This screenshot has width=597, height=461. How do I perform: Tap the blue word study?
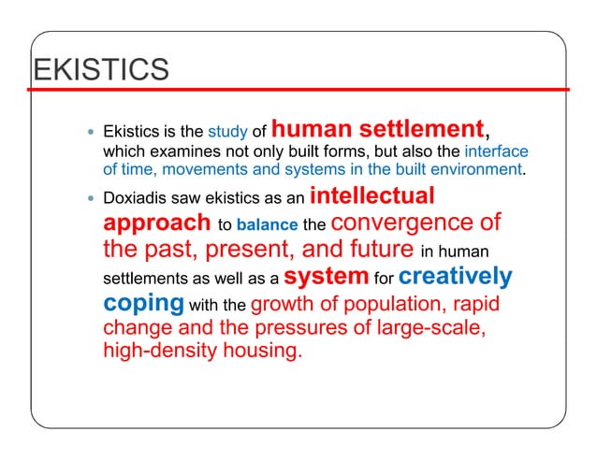(x=226, y=133)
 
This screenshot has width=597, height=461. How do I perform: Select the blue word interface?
(x=497, y=151)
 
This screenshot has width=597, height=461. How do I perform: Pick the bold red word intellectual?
(x=371, y=196)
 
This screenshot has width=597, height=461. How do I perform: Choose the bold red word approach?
(x=156, y=224)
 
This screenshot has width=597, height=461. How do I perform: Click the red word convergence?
(x=405, y=224)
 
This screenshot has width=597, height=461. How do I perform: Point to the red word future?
(x=373, y=251)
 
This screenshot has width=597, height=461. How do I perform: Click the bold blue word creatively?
(x=455, y=277)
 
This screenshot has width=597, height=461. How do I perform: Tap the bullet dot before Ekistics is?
(x=90, y=133)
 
